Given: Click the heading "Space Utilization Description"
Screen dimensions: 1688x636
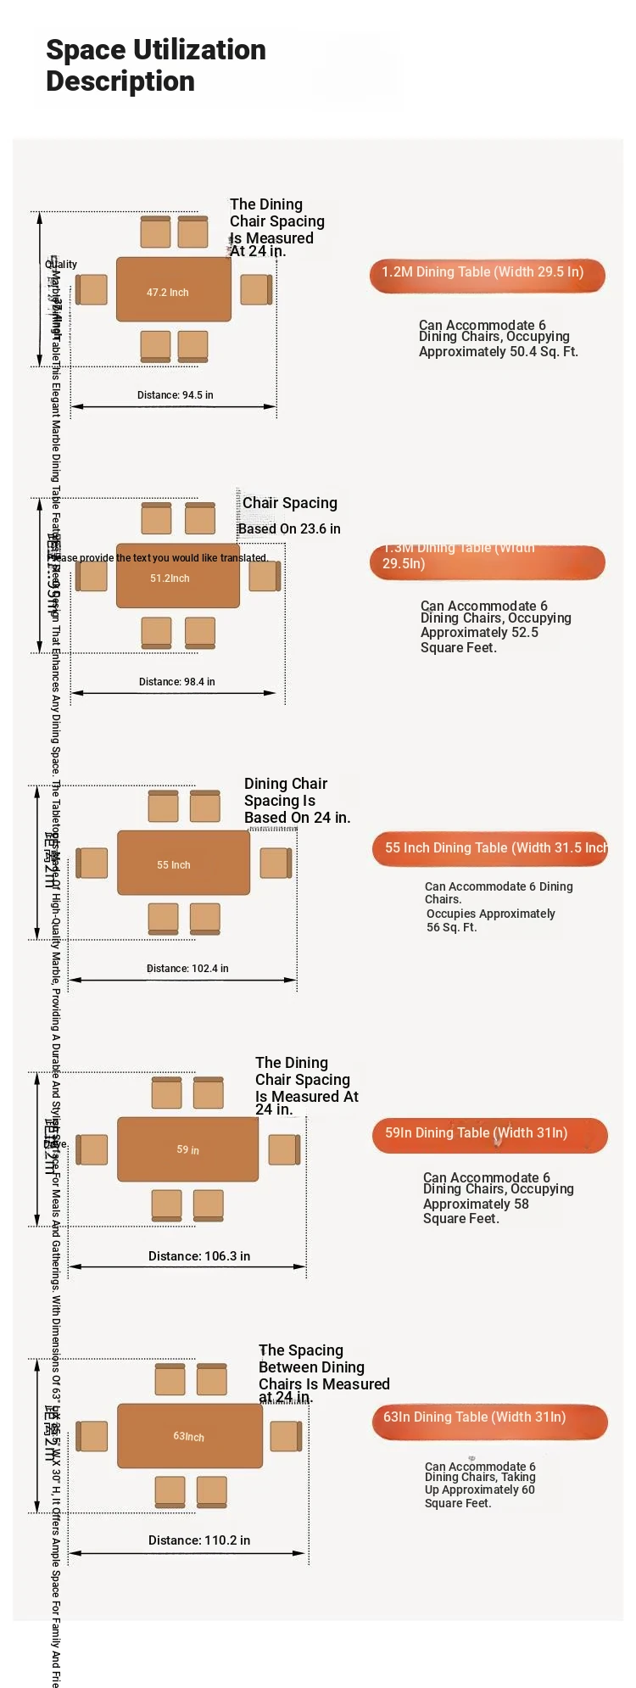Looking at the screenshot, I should coord(156,65).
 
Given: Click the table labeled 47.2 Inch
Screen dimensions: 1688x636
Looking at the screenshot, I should coord(174,289).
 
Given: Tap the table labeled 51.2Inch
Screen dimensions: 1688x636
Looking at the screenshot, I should coord(178,576).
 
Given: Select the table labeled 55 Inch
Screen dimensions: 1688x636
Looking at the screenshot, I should coord(183,863).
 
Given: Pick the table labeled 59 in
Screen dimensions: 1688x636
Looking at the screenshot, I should coord(187,1149).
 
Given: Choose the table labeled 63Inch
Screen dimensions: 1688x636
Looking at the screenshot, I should coord(190,1435).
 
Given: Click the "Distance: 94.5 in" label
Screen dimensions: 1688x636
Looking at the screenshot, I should coord(176,395).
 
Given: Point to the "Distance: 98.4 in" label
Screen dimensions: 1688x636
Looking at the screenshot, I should coord(177,682).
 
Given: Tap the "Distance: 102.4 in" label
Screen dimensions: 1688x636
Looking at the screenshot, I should coord(187,969).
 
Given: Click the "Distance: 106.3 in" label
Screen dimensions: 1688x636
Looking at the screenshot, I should coord(199,1256).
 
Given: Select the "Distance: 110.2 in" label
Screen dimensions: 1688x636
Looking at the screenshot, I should coord(199,1540).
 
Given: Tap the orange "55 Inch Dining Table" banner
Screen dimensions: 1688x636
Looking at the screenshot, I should coord(490,849).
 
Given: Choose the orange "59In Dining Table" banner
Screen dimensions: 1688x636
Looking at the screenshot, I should coord(489,1135).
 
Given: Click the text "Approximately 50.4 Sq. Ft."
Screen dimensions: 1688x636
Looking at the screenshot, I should coord(499,352).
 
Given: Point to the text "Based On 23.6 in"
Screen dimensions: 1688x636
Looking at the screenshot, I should coord(289,529).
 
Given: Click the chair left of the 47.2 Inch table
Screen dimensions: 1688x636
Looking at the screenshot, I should coord(92,289).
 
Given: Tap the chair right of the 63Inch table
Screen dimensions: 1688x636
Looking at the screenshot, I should coord(286,1436).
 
